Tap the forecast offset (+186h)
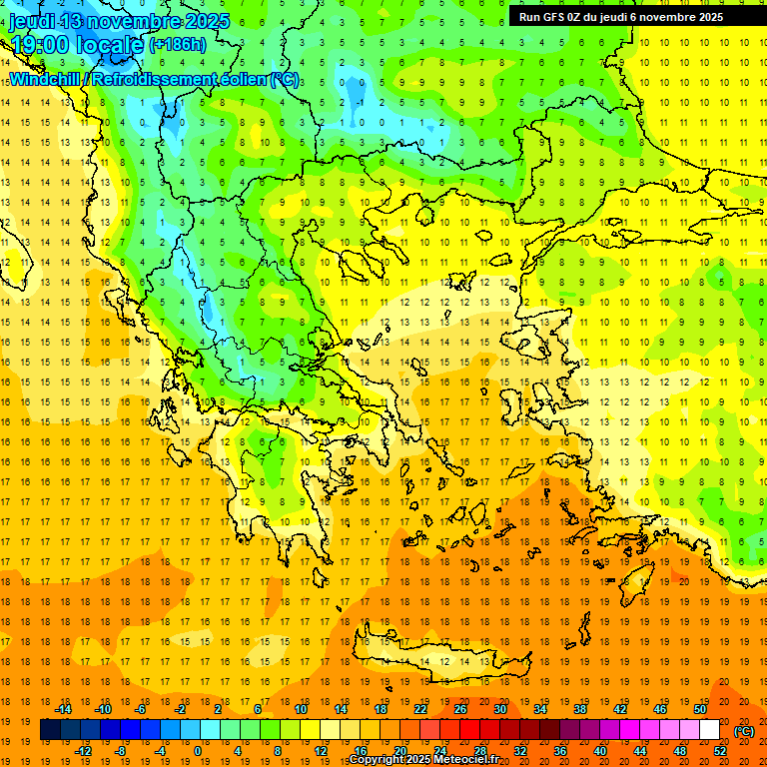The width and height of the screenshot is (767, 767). [x=178, y=44]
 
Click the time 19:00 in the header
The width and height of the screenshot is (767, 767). [x=41, y=44]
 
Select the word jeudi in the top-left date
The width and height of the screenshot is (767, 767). [x=30, y=21]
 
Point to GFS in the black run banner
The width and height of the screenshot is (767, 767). [x=555, y=17]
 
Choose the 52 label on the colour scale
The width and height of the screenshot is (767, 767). [x=720, y=750]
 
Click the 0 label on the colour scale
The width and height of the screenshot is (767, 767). [x=197, y=750]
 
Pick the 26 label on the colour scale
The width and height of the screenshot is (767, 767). [x=460, y=709]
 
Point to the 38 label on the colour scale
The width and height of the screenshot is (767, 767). [x=579, y=709]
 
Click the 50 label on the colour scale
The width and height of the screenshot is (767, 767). [x=699, y=709]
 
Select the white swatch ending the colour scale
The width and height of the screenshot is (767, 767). [x=709, y=730]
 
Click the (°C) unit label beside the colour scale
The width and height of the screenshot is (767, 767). [x=744, y=730]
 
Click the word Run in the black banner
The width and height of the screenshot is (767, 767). [x=529, y=17]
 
